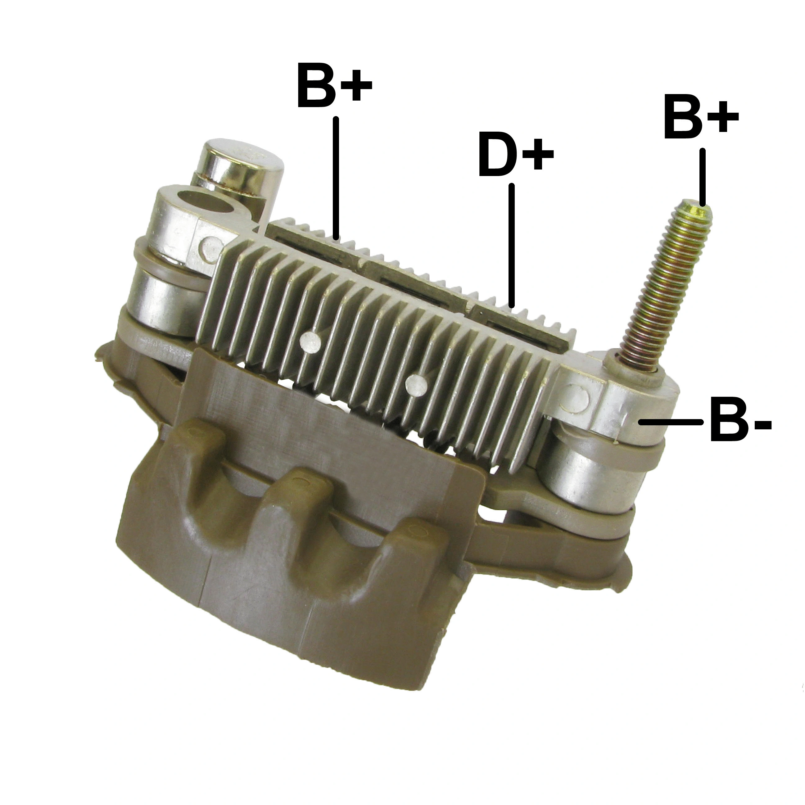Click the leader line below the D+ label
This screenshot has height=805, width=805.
coord(512,246)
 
